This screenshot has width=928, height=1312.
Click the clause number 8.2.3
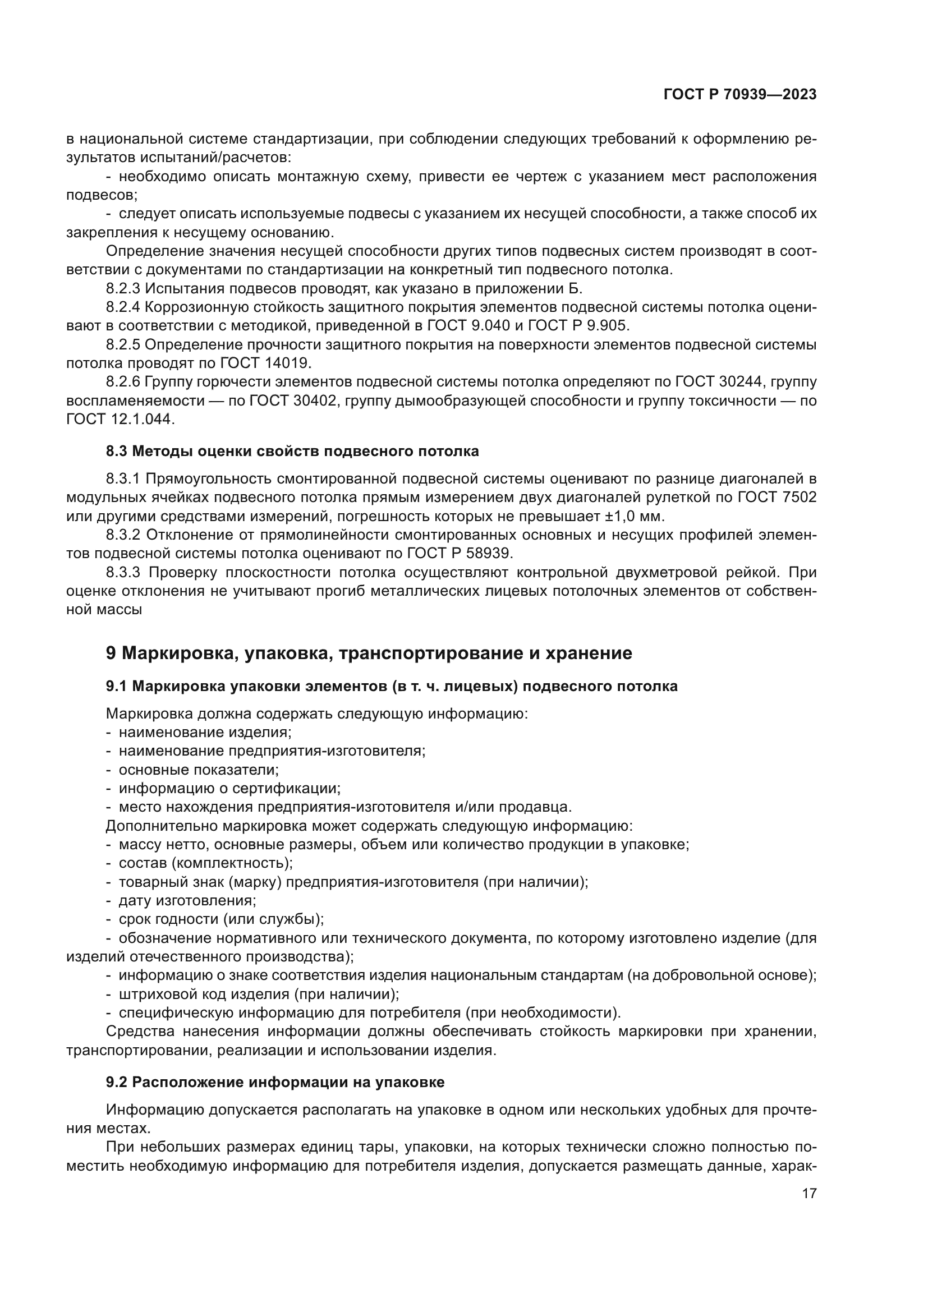(123, 288)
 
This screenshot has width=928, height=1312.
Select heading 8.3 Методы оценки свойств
(292, 452)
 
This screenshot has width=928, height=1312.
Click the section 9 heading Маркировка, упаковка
(369, 653)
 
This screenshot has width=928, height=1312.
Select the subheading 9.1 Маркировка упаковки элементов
(392, 686)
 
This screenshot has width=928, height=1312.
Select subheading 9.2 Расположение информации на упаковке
(275, 1082)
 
